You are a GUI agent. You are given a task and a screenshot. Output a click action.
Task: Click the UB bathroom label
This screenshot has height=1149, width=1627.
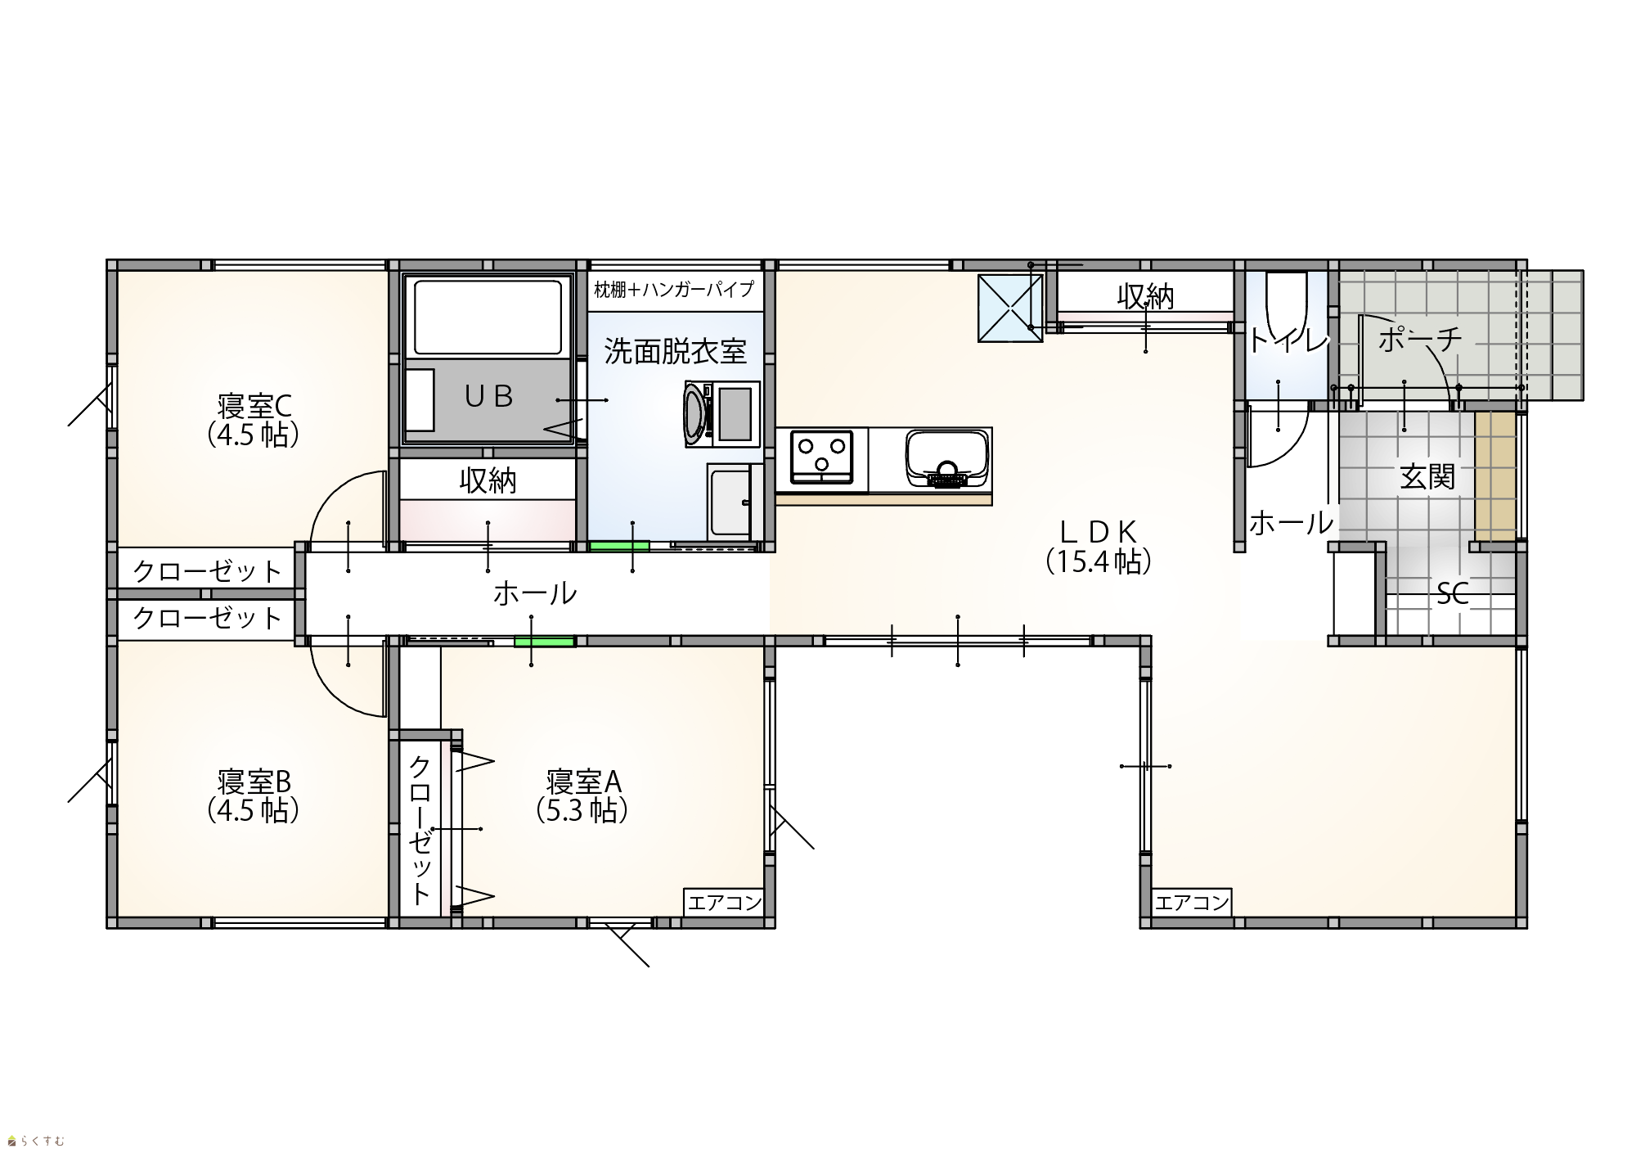pos(488,396)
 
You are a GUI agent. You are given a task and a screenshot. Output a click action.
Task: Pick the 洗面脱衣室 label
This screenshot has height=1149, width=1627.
pos(675,351)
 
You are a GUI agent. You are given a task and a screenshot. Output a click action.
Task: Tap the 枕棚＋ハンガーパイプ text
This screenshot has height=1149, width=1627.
pos(674,289)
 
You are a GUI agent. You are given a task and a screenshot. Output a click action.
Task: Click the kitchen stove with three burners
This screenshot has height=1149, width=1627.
pos(820,459)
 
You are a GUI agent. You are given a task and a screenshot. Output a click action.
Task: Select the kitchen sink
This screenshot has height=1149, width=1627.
pos(949,458)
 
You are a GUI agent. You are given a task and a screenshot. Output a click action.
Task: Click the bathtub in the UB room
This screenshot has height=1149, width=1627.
pos(489,317)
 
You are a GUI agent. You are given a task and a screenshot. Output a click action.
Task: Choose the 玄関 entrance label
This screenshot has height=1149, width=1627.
pos(1427,476)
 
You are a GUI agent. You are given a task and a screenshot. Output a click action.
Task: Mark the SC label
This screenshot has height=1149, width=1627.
pos(1453,593)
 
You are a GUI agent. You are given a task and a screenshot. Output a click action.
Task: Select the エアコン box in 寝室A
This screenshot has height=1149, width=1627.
pos(725,903)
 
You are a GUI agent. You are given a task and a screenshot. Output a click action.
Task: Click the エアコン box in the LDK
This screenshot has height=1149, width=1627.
pos(1192,903)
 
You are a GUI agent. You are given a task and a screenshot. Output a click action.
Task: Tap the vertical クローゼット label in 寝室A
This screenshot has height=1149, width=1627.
pos(420,829)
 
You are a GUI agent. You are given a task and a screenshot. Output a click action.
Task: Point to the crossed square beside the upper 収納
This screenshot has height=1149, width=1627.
pos(1011,308)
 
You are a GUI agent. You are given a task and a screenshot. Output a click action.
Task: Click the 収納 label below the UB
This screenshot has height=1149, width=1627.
pos(488,480)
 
